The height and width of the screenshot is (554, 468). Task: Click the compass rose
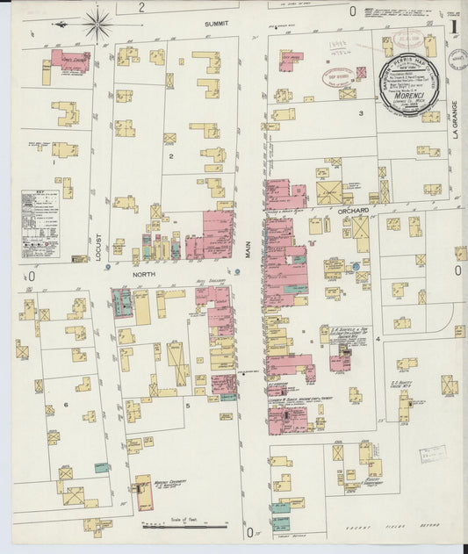pos(97,23)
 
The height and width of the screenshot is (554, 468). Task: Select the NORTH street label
pos(143,273)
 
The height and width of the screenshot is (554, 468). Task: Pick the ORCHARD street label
pos(352,211)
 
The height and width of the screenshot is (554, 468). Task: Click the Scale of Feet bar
pos(184,524)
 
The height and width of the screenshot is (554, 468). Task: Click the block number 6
pos(65,404)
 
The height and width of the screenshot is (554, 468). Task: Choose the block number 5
pos(186,405)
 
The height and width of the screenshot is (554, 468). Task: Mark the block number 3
pos(360,113)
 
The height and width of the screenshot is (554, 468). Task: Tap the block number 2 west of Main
pos(172,156)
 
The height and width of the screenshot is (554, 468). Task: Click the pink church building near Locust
pos(68,60)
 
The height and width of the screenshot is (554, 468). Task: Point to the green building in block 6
pos(102,468)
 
